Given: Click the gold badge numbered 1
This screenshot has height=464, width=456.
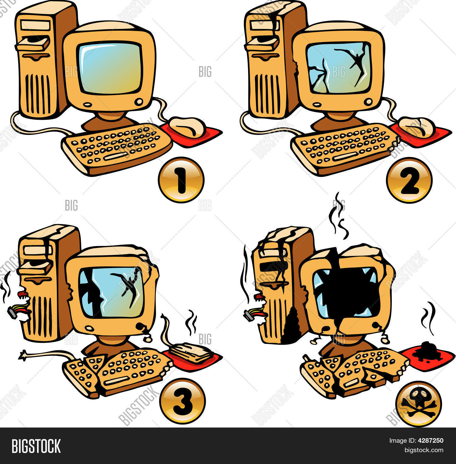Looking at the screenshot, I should pos(181,180).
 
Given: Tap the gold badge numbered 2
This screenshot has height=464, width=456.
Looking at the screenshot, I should pos(409,180).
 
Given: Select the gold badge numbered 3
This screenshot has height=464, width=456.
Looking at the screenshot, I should pos(183,401).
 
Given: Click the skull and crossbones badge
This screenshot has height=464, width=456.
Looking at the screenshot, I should pos(418,404).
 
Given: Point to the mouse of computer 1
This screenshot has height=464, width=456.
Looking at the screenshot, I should pos(187,127).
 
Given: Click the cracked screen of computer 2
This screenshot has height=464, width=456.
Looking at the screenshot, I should pos(339,68).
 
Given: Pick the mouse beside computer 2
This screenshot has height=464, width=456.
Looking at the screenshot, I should pos(416,127).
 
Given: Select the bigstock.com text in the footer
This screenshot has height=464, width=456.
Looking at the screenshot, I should pos(423,450).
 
